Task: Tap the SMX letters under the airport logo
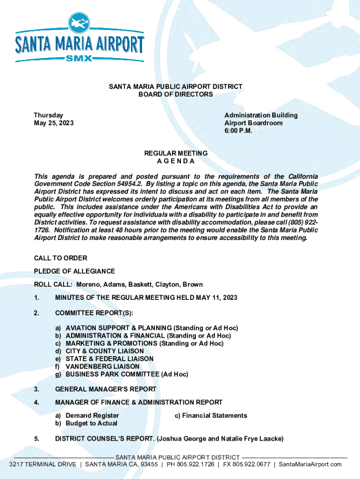coord(79,59)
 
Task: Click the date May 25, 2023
coord(53,123)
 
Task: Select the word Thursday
coord(48,115)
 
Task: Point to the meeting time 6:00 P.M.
coord(238,131)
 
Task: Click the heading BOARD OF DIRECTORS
coord(175,94)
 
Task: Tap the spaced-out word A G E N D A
coord(175,161)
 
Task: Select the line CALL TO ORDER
coord(60,258)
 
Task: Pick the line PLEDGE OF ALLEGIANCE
coord(74,271)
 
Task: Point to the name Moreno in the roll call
coord(88,284)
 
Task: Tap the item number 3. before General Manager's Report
coord(36,389)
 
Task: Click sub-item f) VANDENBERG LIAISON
coord(102,366)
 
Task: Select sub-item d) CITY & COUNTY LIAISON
coord(104,351)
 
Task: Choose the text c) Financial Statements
coord(210,415)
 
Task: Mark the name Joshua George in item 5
coord(181,439)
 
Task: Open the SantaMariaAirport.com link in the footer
coord(310,464)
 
